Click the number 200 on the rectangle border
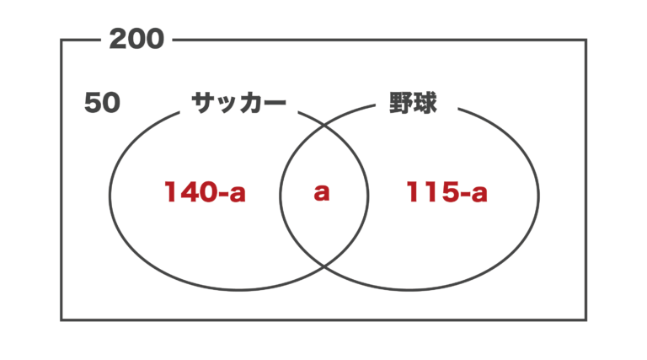(136, 40)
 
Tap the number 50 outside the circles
(102, 102)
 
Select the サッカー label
(238, 103)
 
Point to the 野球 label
(413, 103)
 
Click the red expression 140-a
(205, 192)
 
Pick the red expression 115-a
(446, 192)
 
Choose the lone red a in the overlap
(322, 193)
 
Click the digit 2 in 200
(118, 40)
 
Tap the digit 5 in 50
(93, 102)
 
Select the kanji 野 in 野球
(401, 103)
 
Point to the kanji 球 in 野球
(425, 103)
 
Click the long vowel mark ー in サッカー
(274, 103)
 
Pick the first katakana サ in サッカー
(203, 103)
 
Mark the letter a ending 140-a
(238, 194)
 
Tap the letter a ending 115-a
(479, 194)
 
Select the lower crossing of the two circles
(323, 266)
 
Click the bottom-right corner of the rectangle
(586, 320)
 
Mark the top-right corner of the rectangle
(586, 40)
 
